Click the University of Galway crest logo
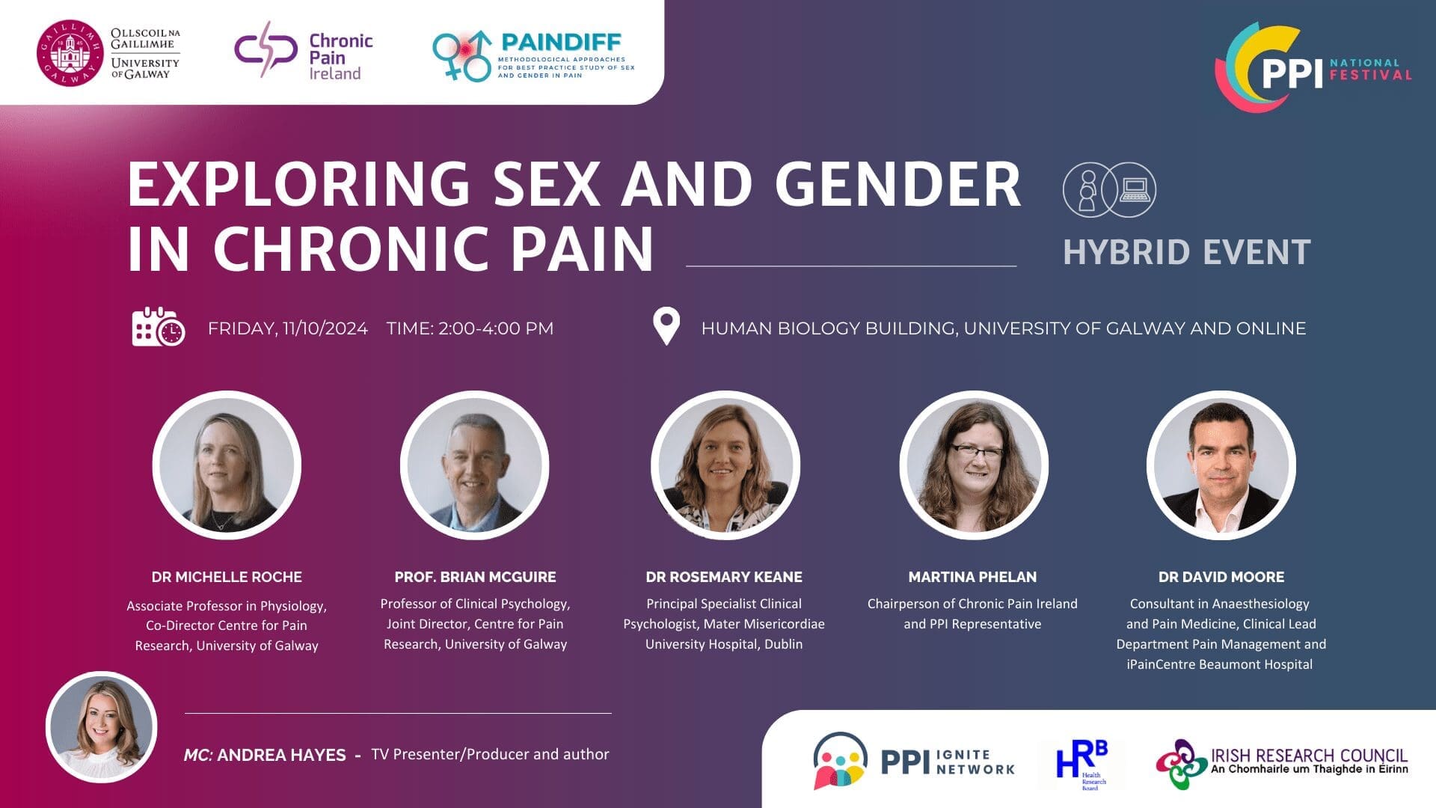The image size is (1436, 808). click(x=70, y=53)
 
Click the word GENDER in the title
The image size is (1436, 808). click(x=897, y=184)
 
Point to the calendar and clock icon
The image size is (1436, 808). click(x=158, y=327)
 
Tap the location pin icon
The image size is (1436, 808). click(x=666, y=327)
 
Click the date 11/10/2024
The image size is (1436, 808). click(x=325, y=328)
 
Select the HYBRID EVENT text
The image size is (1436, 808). click(x=1186, y=253)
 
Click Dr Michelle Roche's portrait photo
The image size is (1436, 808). click(x=227, y=465)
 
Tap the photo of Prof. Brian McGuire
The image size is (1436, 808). click(x=475, y=465)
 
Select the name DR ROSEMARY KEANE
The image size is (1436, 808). click(x=724, y=577)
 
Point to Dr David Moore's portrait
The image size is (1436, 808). click(x=1221, y=465)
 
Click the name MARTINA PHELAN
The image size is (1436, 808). click(x=972, y=577)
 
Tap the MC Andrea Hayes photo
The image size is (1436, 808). click(x=102, y=727)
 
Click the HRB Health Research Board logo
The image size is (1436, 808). click(x=1081, y=763)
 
